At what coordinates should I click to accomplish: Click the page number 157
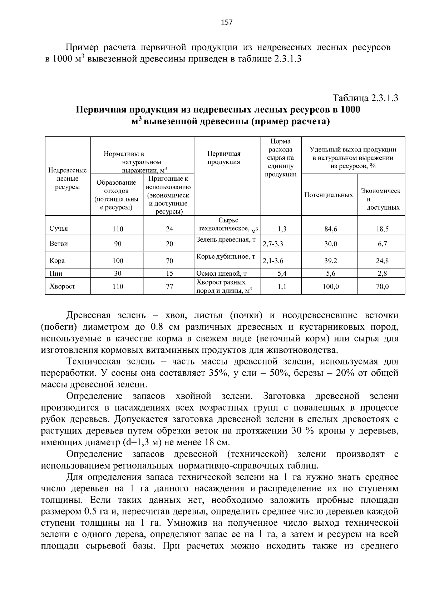[227, 22]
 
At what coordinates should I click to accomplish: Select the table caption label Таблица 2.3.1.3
[365, 98]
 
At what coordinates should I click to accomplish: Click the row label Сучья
[58, 229]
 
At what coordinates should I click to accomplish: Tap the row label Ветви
[59, 244]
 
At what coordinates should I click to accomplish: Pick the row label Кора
[57, 260]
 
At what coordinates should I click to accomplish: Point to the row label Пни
[56, 274]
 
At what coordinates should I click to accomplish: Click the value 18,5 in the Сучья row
[382, 229]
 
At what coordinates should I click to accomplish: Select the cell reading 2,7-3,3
[273, 244]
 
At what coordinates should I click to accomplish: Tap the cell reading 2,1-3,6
[273, 261]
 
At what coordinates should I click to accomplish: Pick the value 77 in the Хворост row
[169, 286]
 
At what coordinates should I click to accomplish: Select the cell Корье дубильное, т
[226, 257]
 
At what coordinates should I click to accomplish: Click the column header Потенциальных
[328, 195]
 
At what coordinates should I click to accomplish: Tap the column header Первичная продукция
[224, 158]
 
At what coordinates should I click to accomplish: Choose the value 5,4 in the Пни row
[282, 274]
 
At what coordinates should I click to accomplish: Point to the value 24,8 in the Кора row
[382, 261]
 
